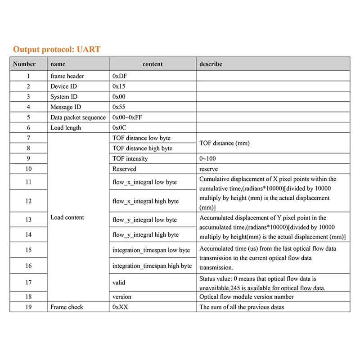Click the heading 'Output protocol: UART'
tap(56, 49)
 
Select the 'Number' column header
tap(24, 64)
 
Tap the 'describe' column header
tap(211, 64)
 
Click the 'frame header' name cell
tap(67, 76)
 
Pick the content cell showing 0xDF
tap(119, 76)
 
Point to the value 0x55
tap(119, 107)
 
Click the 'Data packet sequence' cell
tap(78, 117)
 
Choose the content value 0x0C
tap(119, 128)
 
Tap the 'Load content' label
tap(67, 217)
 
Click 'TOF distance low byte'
tap(141, 138)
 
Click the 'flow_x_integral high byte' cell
tap(145, 201)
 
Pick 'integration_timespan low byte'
tap(151, 250)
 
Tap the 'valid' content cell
tap(119, 283)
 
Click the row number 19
tap(28, 307)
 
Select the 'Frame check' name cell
tap(67, 307)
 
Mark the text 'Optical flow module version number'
tap(246, 297)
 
